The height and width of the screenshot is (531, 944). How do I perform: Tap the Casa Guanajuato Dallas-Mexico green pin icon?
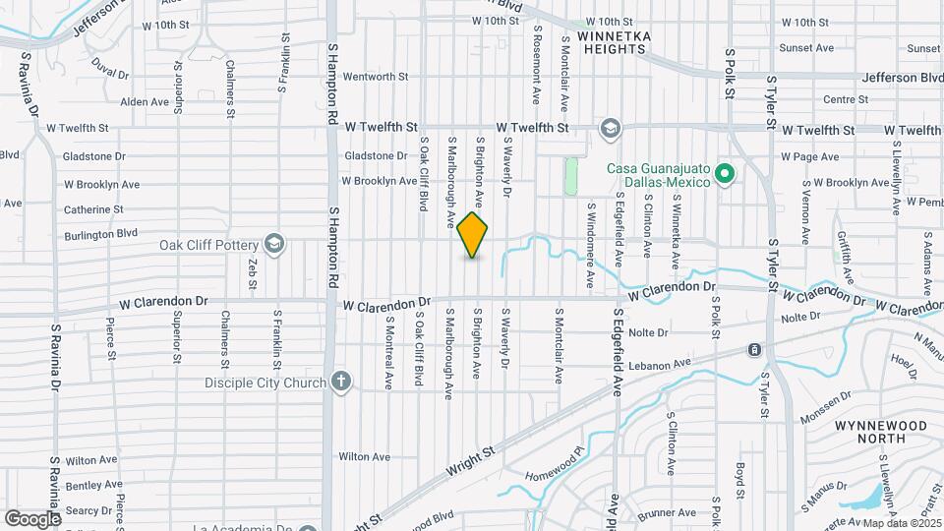click(x=725, y=175)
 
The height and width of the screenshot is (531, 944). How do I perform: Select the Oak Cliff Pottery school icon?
click(x=273, y=244)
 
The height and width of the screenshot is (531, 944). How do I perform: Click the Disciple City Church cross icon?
click(x=341, y=382)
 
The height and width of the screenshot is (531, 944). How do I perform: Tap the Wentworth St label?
click(x=375, y=76)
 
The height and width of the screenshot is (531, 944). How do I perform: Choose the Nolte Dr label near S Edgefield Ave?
click(x=648, y=332)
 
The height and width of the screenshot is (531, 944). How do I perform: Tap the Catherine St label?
click(x=93, y=209)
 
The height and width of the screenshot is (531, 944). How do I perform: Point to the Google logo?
click(x=32, y=518)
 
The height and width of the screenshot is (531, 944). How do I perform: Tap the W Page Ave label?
click(x=809, y=156)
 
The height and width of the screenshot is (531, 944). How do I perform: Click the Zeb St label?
click(x=253, y=272)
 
